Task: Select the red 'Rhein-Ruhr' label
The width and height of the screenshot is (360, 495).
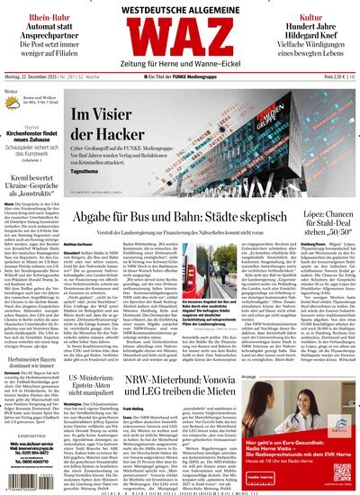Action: tap(37, 16)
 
